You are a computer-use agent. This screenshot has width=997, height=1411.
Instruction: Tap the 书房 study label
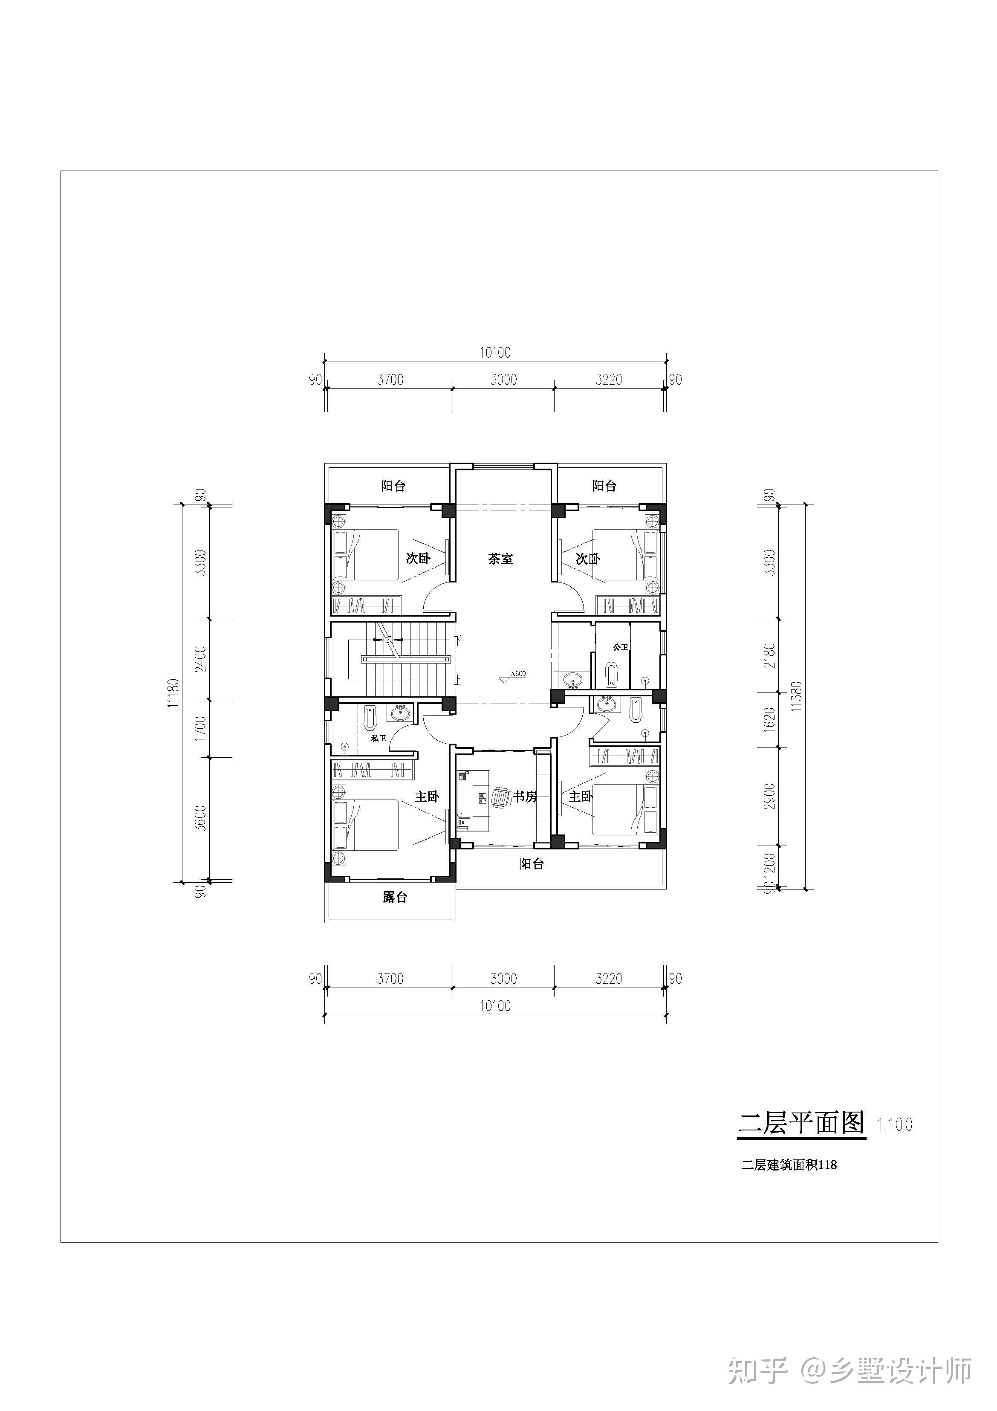pos(525,797)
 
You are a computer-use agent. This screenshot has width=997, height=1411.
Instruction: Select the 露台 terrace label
pos(395,897)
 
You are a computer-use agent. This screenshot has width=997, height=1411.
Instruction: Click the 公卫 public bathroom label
pos(621,647)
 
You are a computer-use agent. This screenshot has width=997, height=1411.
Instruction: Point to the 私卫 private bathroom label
pos(379,738)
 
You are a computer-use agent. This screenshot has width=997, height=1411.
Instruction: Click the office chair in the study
pos(501,797)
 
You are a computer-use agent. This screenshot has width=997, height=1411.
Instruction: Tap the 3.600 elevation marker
pos(517,674)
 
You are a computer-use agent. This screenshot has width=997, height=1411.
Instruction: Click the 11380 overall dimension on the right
pos(797,696)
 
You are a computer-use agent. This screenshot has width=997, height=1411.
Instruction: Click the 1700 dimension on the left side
pos(200,728)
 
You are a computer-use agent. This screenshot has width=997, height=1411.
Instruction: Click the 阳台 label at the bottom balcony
pos(532,863)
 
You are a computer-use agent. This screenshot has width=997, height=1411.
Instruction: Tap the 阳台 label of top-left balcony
pos(393,486)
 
